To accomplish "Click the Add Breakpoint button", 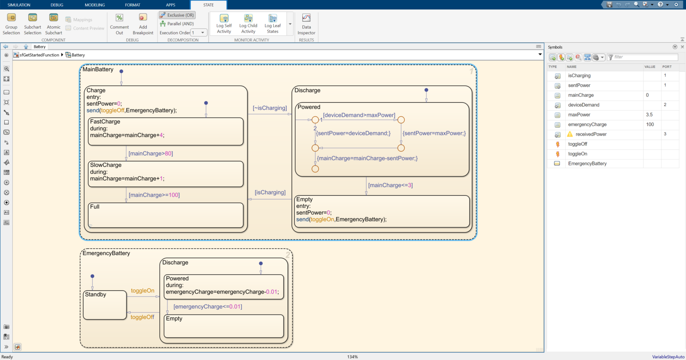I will [143, 24].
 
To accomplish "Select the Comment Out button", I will [119, 24].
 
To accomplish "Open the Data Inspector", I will [306, 24].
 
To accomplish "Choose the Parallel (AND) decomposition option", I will [177, 24].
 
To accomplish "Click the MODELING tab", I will [95, 5].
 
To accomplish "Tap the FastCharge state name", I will [105, 122].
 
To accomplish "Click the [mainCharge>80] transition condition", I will [150, 154].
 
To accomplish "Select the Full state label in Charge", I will [95, 207].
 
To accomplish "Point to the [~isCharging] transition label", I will [270, 108].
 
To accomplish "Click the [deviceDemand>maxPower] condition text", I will [359, 115].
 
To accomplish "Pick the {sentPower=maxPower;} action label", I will [434, 133].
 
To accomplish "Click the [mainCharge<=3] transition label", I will [390, 185].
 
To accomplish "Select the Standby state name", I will [95, 295].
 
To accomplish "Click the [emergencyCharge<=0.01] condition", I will [208, 307].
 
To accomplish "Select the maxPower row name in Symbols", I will [579, 115].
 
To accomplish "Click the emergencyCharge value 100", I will [650, 125].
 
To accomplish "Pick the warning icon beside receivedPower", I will [570, 134].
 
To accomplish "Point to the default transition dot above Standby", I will [93, 276].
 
